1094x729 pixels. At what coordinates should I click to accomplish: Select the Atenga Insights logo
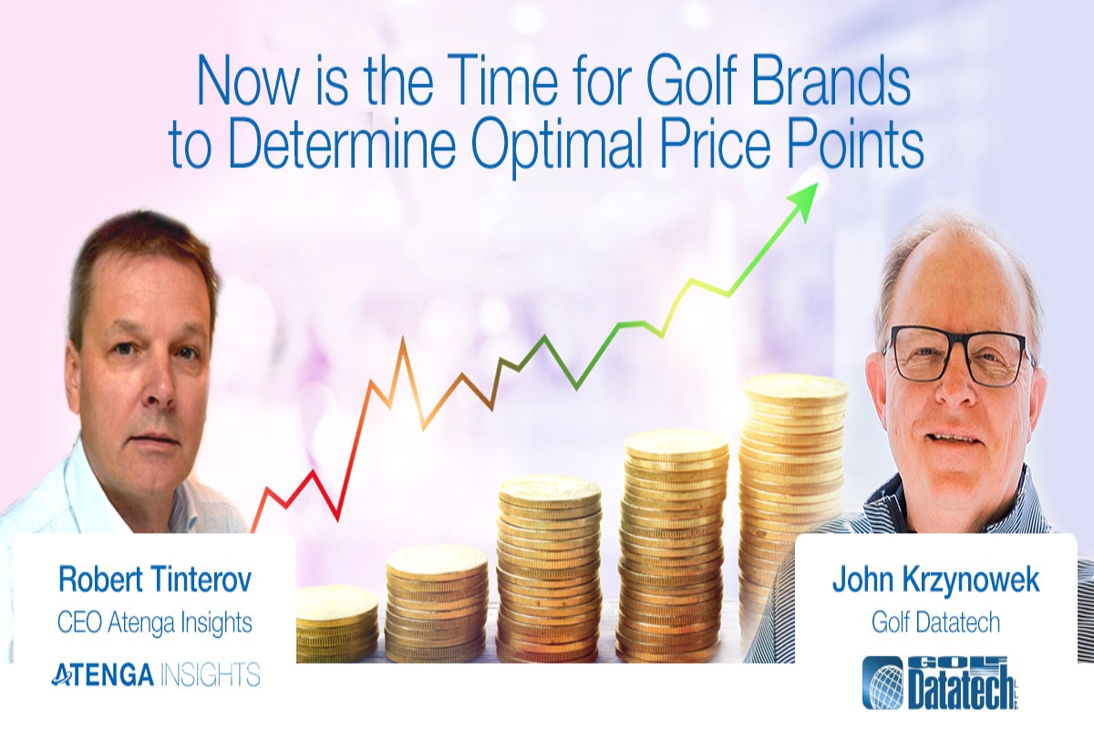coord(155,674)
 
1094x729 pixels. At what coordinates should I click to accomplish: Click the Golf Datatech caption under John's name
coord(935,623)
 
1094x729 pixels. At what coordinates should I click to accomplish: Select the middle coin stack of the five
coord(550,565)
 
